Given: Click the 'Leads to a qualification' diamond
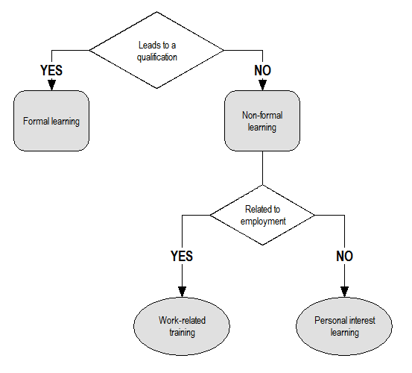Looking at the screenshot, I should [156, 50].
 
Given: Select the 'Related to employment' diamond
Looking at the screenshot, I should [262, 215].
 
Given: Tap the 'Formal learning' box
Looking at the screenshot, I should [51, 120].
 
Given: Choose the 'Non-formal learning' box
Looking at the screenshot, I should [262, 120].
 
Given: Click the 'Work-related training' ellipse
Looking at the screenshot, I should [181, 326].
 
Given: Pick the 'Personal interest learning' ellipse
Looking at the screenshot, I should [343, 326].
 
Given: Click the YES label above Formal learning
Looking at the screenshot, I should [51, 70].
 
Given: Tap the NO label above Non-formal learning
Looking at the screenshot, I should [262, 70].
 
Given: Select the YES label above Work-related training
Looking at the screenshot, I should [181, 256].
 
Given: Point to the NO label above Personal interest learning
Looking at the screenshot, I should [343, 256].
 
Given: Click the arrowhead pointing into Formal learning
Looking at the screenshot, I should [51, 85].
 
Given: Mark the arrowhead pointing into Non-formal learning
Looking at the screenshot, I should [262, 85].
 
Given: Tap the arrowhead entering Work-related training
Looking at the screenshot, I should [181, 292].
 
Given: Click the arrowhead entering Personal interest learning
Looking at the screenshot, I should [343, 292].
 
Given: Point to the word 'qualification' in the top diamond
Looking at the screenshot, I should [156, 56].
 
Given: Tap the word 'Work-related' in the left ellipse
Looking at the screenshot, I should [182, 321].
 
